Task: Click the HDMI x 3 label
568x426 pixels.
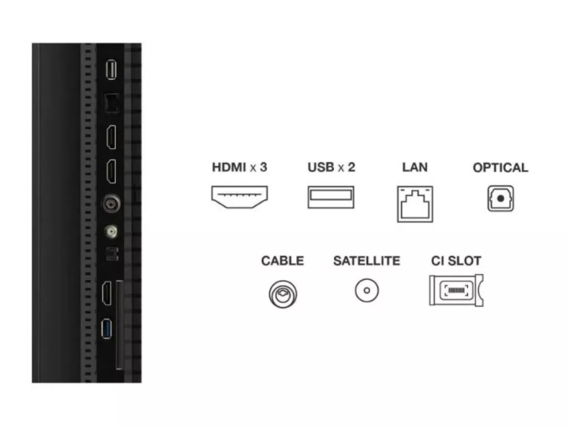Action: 240,168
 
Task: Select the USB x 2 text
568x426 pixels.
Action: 331,168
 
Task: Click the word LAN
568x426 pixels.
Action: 415,168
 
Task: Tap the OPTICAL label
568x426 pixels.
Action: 500,168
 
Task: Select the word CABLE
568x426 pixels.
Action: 282,261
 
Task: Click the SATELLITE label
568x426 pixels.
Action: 367,261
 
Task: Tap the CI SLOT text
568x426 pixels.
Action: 456,261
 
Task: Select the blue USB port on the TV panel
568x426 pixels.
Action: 106,328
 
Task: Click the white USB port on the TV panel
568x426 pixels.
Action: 111,69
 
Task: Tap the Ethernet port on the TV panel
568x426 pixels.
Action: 112,104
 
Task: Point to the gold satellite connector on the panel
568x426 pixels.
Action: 111,231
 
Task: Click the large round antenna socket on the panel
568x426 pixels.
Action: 111,204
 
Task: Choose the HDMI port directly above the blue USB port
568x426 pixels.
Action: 106,293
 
